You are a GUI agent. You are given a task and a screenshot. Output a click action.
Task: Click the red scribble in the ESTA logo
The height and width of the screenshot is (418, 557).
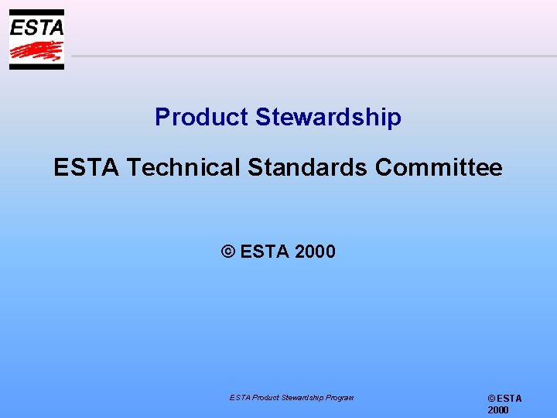[36, 51]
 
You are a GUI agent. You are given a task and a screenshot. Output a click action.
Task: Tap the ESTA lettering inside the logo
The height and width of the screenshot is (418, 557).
[36, 27]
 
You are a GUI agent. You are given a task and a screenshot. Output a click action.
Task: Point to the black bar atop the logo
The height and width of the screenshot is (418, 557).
[36, 12]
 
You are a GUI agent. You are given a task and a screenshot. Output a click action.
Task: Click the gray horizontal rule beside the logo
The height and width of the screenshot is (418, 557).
[309, 56]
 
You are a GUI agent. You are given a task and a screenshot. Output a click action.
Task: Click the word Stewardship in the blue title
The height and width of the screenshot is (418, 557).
[328, 117]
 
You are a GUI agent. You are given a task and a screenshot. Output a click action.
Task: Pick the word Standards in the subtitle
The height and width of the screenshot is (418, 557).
[306, 167]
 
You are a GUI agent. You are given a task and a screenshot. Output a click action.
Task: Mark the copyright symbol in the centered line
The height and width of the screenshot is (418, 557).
[227, 252]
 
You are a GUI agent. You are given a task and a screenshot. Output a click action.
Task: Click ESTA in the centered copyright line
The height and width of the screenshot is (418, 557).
[265, 252]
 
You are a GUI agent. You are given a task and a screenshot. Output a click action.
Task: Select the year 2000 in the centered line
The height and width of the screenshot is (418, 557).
[315, 252]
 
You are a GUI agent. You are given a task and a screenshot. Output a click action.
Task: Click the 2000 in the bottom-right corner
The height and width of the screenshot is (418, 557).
[498, 410]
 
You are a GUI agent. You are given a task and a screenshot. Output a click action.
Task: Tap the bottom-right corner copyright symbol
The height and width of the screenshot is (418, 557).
[491, 399]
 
